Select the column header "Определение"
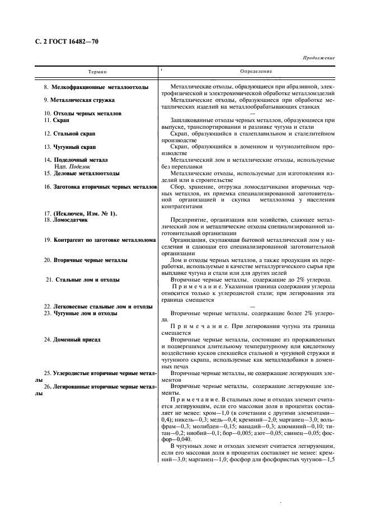click(x=256, y=72)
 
